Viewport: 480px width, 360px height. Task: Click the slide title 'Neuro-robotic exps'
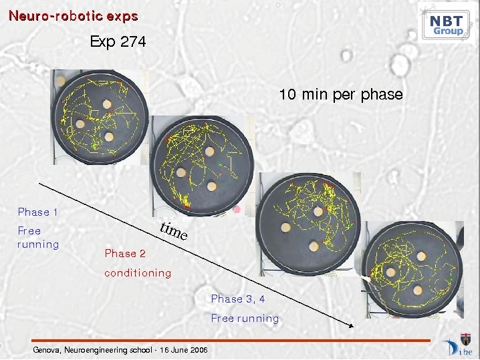(x=74, y=16)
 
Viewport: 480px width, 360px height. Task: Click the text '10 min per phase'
(x=341, y=94)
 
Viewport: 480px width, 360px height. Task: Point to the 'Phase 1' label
(x=37, y=212)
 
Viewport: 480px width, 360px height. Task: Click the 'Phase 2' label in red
(x=125, y=253)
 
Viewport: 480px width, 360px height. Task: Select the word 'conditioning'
(x=138, y=273)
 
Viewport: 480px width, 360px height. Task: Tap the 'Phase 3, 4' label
(x=238, y=299)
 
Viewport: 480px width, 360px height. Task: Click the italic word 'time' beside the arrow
(x=174, y=231)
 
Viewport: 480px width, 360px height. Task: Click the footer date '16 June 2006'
(x=184, y=349)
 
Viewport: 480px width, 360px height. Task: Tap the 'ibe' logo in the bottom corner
(x=458, y=345)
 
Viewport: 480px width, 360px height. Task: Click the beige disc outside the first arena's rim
(x=61, y=81)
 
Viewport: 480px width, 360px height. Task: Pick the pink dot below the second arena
(x=237, y=210)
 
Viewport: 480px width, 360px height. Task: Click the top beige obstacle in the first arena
(x=107, y=104)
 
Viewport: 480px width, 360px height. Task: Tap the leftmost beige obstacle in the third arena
(x=286, y=228)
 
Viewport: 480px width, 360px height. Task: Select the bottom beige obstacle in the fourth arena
(x=418, y=291)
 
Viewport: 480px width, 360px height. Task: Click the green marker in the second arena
(x=219, y=165)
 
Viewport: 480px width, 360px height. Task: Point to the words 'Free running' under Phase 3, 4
(x=245, y=319)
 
